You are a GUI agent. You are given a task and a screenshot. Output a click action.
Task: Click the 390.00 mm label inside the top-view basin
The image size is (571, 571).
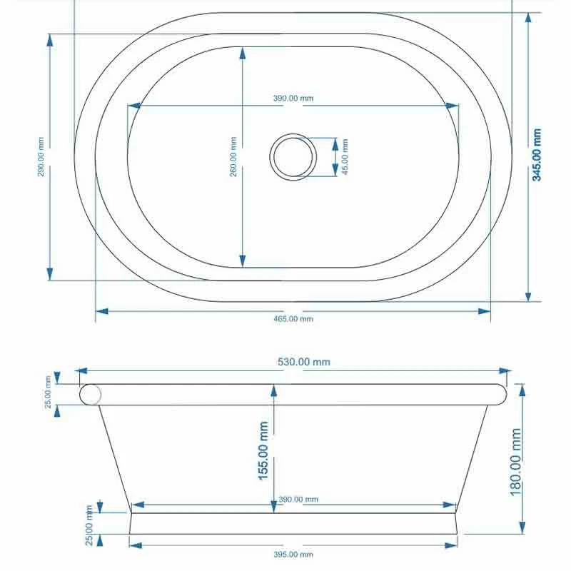click(x=293, y=98)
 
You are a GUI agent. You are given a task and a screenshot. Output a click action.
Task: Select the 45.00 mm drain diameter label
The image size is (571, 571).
click(x=345, y=156)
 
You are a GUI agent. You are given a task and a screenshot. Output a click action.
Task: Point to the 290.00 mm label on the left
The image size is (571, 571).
click(x=41, y=156)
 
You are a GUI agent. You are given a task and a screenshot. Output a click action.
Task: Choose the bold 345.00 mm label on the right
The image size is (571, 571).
click(x=537, y=155)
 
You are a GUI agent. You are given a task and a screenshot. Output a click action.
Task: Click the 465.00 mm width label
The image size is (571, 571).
click(x=293, y=319)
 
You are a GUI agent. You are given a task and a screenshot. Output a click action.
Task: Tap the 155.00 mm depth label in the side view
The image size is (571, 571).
click(x=263, y=450)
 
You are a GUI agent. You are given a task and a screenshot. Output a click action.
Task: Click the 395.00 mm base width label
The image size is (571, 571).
click(x=293, y=555)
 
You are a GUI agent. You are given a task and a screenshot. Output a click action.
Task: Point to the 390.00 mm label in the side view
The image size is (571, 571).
click(x=298, y=500)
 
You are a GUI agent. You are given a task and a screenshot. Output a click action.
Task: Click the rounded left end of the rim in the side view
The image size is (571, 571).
click(x=90, y=395)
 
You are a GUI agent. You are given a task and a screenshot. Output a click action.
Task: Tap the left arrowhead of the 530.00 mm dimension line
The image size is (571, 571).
click(x=80, y=371)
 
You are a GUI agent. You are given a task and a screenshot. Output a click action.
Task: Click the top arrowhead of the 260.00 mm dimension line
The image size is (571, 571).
click(x=243, y=51)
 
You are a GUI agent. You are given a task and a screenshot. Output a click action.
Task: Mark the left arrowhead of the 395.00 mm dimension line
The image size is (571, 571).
click(x=135, y=546)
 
